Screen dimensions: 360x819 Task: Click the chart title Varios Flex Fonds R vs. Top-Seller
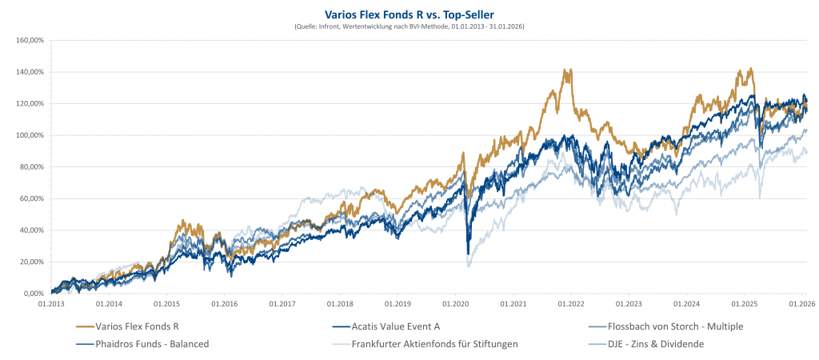(x=409, y=14)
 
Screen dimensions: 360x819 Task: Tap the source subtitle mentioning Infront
(x=409, y=26)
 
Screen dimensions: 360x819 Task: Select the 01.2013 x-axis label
(x=51, y=304)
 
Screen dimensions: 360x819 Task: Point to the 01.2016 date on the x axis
(x=224, y=304)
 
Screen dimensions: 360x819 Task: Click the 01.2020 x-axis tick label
(x=455, y=304)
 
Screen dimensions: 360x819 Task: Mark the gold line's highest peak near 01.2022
(x=567, y=70)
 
